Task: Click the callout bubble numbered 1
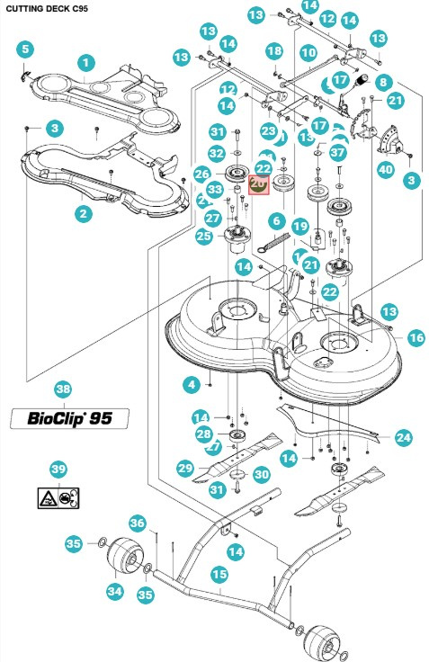click(86, 63)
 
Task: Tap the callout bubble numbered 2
click(83, 213)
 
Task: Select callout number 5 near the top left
click(24, 49)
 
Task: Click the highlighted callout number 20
click(257, 183)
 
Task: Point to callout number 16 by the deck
click(416, 337)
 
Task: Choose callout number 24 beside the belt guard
click(404, 437)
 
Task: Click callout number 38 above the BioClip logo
click(62, 389)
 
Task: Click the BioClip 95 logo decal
click(69, 418)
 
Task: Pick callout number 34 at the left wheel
click(114, 591)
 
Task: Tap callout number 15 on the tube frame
click(219, 573)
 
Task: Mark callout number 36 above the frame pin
click(137, 523)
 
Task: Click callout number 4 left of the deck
click(191, 385)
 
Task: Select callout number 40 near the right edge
click(385, 168)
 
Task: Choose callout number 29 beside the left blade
click(185, 468)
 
